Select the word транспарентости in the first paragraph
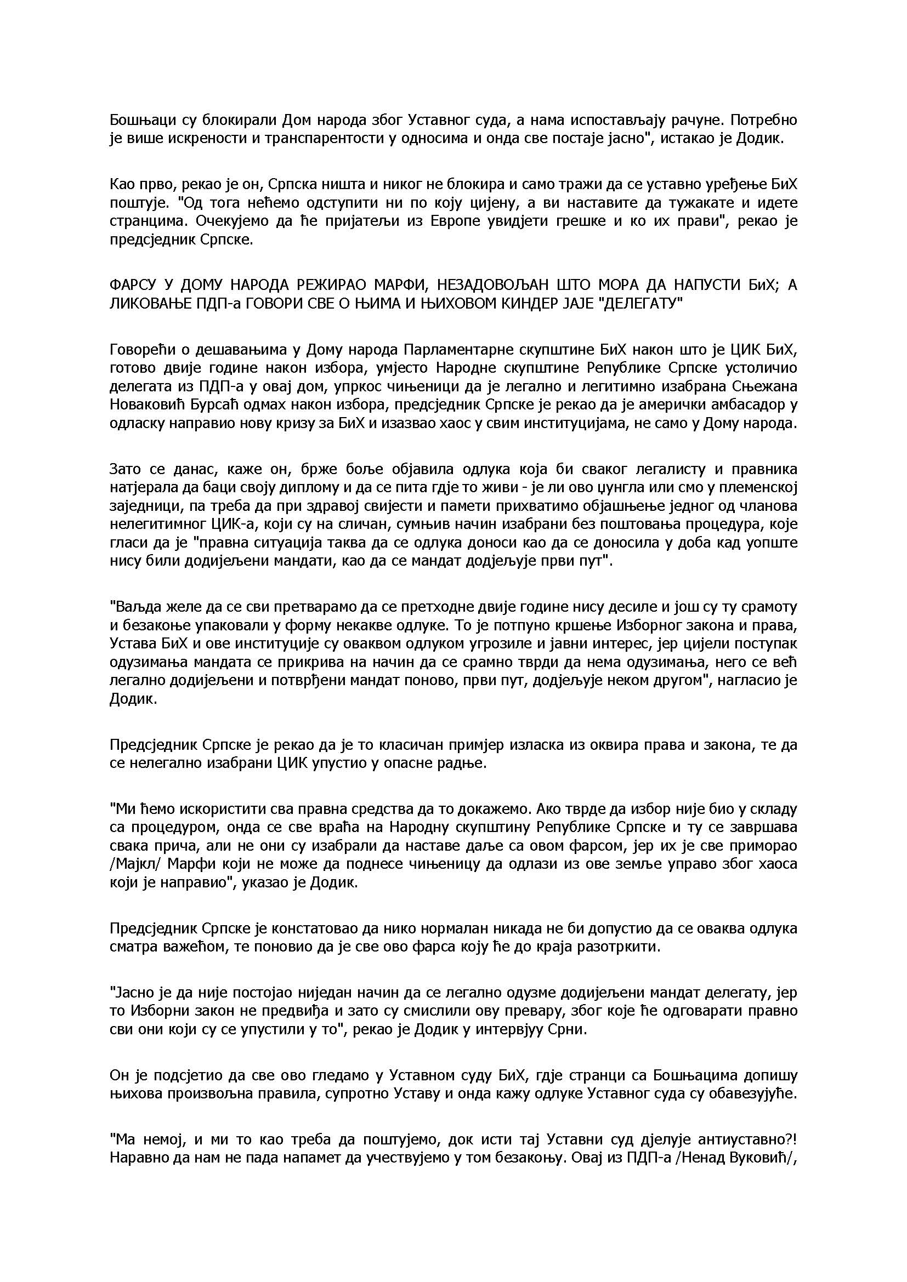point(321,139)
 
